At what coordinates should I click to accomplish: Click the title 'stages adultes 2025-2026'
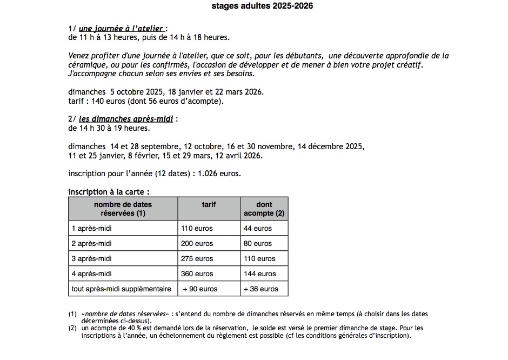262,6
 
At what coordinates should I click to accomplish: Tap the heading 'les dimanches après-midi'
126,119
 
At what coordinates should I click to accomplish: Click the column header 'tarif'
209,204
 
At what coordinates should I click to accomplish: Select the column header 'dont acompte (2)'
264,209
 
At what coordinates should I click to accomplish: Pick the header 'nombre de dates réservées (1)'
123,209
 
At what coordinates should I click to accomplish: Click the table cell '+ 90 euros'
200,289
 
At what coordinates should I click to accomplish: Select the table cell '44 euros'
258,228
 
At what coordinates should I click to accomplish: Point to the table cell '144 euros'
259,274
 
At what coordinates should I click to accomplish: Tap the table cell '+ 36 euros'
261,289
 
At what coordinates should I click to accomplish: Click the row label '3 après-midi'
92,258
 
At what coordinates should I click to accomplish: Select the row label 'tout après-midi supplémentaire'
121,289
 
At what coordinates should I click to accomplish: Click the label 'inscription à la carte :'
109,192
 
